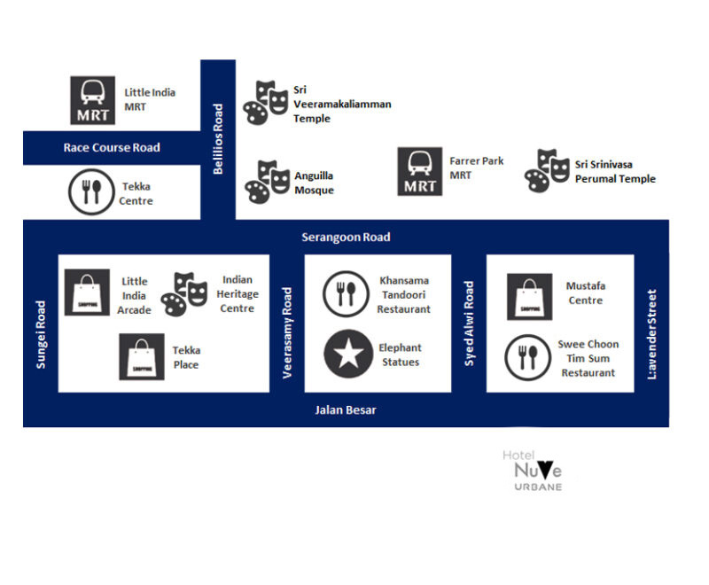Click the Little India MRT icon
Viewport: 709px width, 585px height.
coord(93,99)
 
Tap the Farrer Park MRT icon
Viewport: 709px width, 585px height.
coord(420,171)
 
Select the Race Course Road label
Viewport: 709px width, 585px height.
coord(112,147)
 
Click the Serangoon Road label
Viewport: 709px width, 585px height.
coord(346,238)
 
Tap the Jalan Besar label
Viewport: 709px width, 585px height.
coord(346,410)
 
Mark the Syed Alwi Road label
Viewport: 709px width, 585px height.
coord(470,324)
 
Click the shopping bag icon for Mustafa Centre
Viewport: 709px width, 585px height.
coord(529,296)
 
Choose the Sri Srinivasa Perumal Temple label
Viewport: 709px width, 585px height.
coord(615,172)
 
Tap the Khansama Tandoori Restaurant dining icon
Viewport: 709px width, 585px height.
coord(346,294)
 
